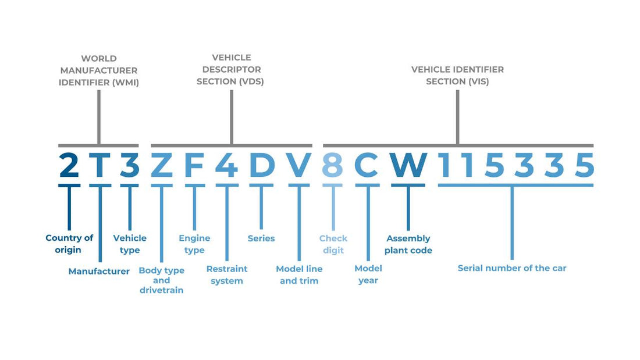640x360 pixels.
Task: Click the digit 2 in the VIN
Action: coord(69,166)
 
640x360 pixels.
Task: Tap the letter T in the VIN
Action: coord(99,166)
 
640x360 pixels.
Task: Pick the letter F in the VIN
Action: coord(194,166)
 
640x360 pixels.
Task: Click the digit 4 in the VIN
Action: coord(226,166)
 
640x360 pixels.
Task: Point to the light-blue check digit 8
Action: coord(333,166)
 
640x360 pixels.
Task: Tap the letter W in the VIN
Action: coord(408,166)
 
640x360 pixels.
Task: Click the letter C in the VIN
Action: coord(367,166)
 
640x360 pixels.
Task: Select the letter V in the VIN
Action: coord(299,166)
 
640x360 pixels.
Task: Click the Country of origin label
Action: coord(69,244)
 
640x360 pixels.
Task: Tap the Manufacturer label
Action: coord(99,271)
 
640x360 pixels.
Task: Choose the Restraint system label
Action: coord(227,275)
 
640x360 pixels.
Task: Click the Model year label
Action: coord(368,275)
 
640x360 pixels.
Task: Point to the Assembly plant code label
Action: coord(408,244)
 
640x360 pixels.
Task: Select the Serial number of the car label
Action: coord(512,268)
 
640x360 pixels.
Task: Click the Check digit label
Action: coord(333,244)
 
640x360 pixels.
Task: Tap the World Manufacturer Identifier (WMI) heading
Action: coord(99,70)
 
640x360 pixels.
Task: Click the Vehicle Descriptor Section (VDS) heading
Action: coord(232,70)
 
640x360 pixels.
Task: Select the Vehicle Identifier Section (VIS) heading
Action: coord(457,76)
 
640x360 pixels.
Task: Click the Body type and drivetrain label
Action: coord(162,280)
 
